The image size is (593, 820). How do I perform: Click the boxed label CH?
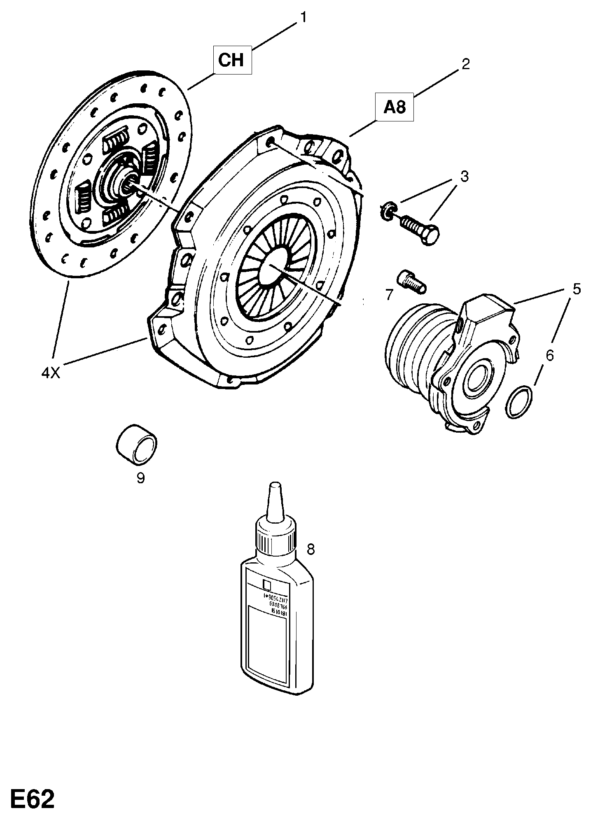[x=232, y=61]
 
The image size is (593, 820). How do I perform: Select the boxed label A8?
[x=395, y=107]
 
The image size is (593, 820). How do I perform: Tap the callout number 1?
[x=303, y=18]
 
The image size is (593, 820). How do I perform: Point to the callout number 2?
[x=465, y=64]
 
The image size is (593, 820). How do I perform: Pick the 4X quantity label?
[x=51, y=373]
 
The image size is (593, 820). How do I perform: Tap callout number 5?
[x=576, y=289]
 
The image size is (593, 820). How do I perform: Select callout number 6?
[x=550, y=355]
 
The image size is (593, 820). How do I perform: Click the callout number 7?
[x=389, y=294]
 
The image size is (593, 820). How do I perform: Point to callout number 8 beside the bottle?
[x=311, y=549]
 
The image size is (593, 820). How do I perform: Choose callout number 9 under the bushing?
[x=140, y=478]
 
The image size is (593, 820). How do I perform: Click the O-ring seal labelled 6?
[x=519, y=402]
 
